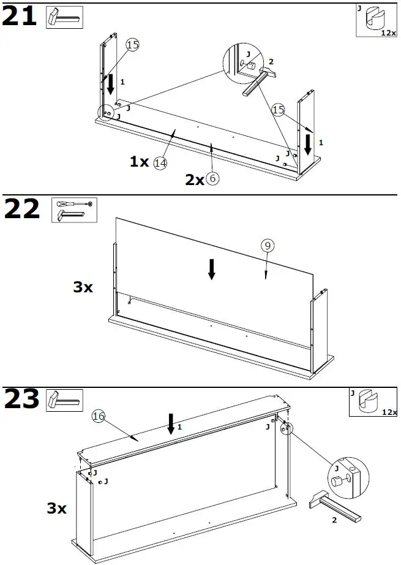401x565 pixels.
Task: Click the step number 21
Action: tap(20, 17)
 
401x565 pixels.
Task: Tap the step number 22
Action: tap(21, 210)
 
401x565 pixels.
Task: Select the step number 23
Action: tap(21, 400)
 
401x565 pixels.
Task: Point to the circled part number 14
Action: tap(160, 163)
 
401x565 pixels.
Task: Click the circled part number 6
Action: tap(212, 179)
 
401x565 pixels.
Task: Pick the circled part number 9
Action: tap(267, 246)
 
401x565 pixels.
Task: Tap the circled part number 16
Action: tap(98, 416)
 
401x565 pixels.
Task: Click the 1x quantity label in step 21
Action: tap(139, 162)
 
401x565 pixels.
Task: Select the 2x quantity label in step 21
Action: tap(195, 180)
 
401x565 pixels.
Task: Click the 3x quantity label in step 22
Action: tap(83, 286)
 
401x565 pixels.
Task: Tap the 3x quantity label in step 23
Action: tap(57, 508)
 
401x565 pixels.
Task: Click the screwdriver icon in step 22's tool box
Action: tap(73, 203)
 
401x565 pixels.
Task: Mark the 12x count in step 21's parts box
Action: tap(388, 32)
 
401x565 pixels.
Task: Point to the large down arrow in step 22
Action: tap(211, 269)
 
